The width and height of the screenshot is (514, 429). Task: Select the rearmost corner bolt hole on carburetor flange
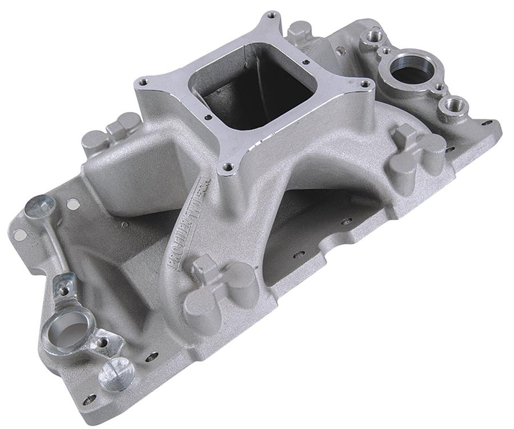(x=271, y=15)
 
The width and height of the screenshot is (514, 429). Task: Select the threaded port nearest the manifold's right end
(x=455, y=105)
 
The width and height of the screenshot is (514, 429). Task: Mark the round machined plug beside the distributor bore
(x=117, y=375)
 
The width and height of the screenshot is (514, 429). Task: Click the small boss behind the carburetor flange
(x=300, y=32)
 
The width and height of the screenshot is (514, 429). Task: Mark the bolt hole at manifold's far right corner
(x=486, y=123)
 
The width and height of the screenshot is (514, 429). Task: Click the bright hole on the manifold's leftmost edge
(x=19, y=234)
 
